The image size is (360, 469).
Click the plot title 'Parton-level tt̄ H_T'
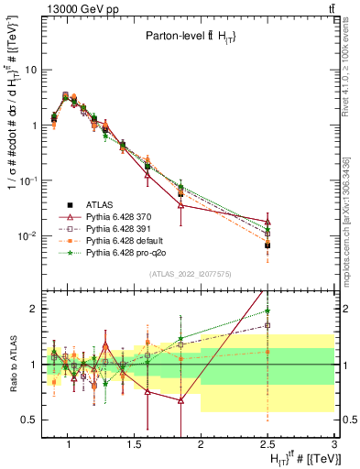pos(191,37)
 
